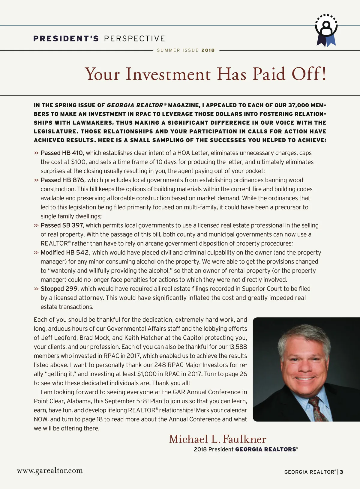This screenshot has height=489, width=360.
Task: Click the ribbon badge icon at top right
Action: (326, 30)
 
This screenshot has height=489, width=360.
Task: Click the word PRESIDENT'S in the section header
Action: (66, 39)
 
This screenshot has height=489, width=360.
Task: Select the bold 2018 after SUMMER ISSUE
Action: (208, 50)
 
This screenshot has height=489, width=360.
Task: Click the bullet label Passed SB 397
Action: (62, 225)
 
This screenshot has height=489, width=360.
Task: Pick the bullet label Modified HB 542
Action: (64, 253)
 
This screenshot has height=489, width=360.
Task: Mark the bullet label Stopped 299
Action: (59, 289)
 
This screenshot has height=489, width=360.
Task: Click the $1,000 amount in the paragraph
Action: (147, 374)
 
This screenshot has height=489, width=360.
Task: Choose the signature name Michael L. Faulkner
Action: (217, 439)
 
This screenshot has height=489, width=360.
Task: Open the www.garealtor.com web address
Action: (50, 471)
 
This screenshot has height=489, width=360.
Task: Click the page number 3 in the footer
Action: (342, 472)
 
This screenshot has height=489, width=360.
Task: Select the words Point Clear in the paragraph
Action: (49, 401)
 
